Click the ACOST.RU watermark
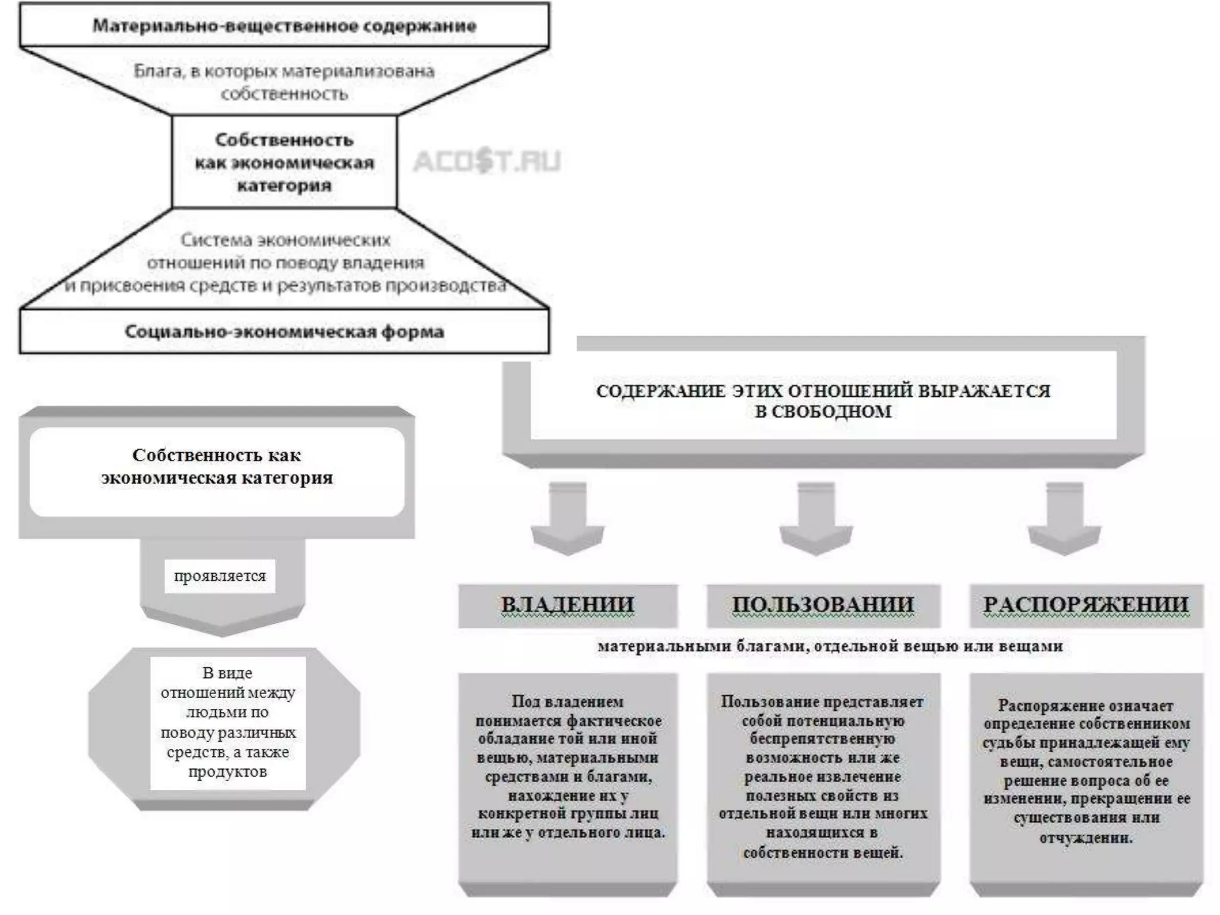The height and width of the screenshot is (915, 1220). pyautogui.click(x=487, y=161)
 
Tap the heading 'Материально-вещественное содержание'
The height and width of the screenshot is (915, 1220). pyautogui.click(x=284, y=26)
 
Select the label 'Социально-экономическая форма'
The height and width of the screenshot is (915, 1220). pyautogui.click(x=284, y=332)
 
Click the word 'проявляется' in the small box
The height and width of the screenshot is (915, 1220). pyautogui.click(x=220, y=576)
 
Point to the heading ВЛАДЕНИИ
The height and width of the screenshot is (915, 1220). pyautogui.click(x=567, y=605)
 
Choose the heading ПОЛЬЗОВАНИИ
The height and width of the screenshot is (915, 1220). pyautogui.click(x=823, y=605)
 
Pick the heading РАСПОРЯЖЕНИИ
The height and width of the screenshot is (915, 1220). pyautogui.click(x=1086, y=605)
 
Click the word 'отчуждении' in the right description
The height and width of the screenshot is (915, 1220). pyautogui.click(x=1085, y=838)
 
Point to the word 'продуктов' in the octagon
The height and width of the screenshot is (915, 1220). pyautogui.click(x=228, y=772)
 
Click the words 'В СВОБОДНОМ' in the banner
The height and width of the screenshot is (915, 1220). pyautogui.click(x=823, y=412)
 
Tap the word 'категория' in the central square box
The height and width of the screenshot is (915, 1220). pyautogui.click(x=284, y=186)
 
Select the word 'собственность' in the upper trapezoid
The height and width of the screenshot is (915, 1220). pyautogui.click(x=284, y=94)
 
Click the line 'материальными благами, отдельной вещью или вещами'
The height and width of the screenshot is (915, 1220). pyautogui.click(x=830, y=646)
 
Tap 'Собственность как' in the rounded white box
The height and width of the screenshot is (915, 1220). pyautogui.click(x=216, y=455)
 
